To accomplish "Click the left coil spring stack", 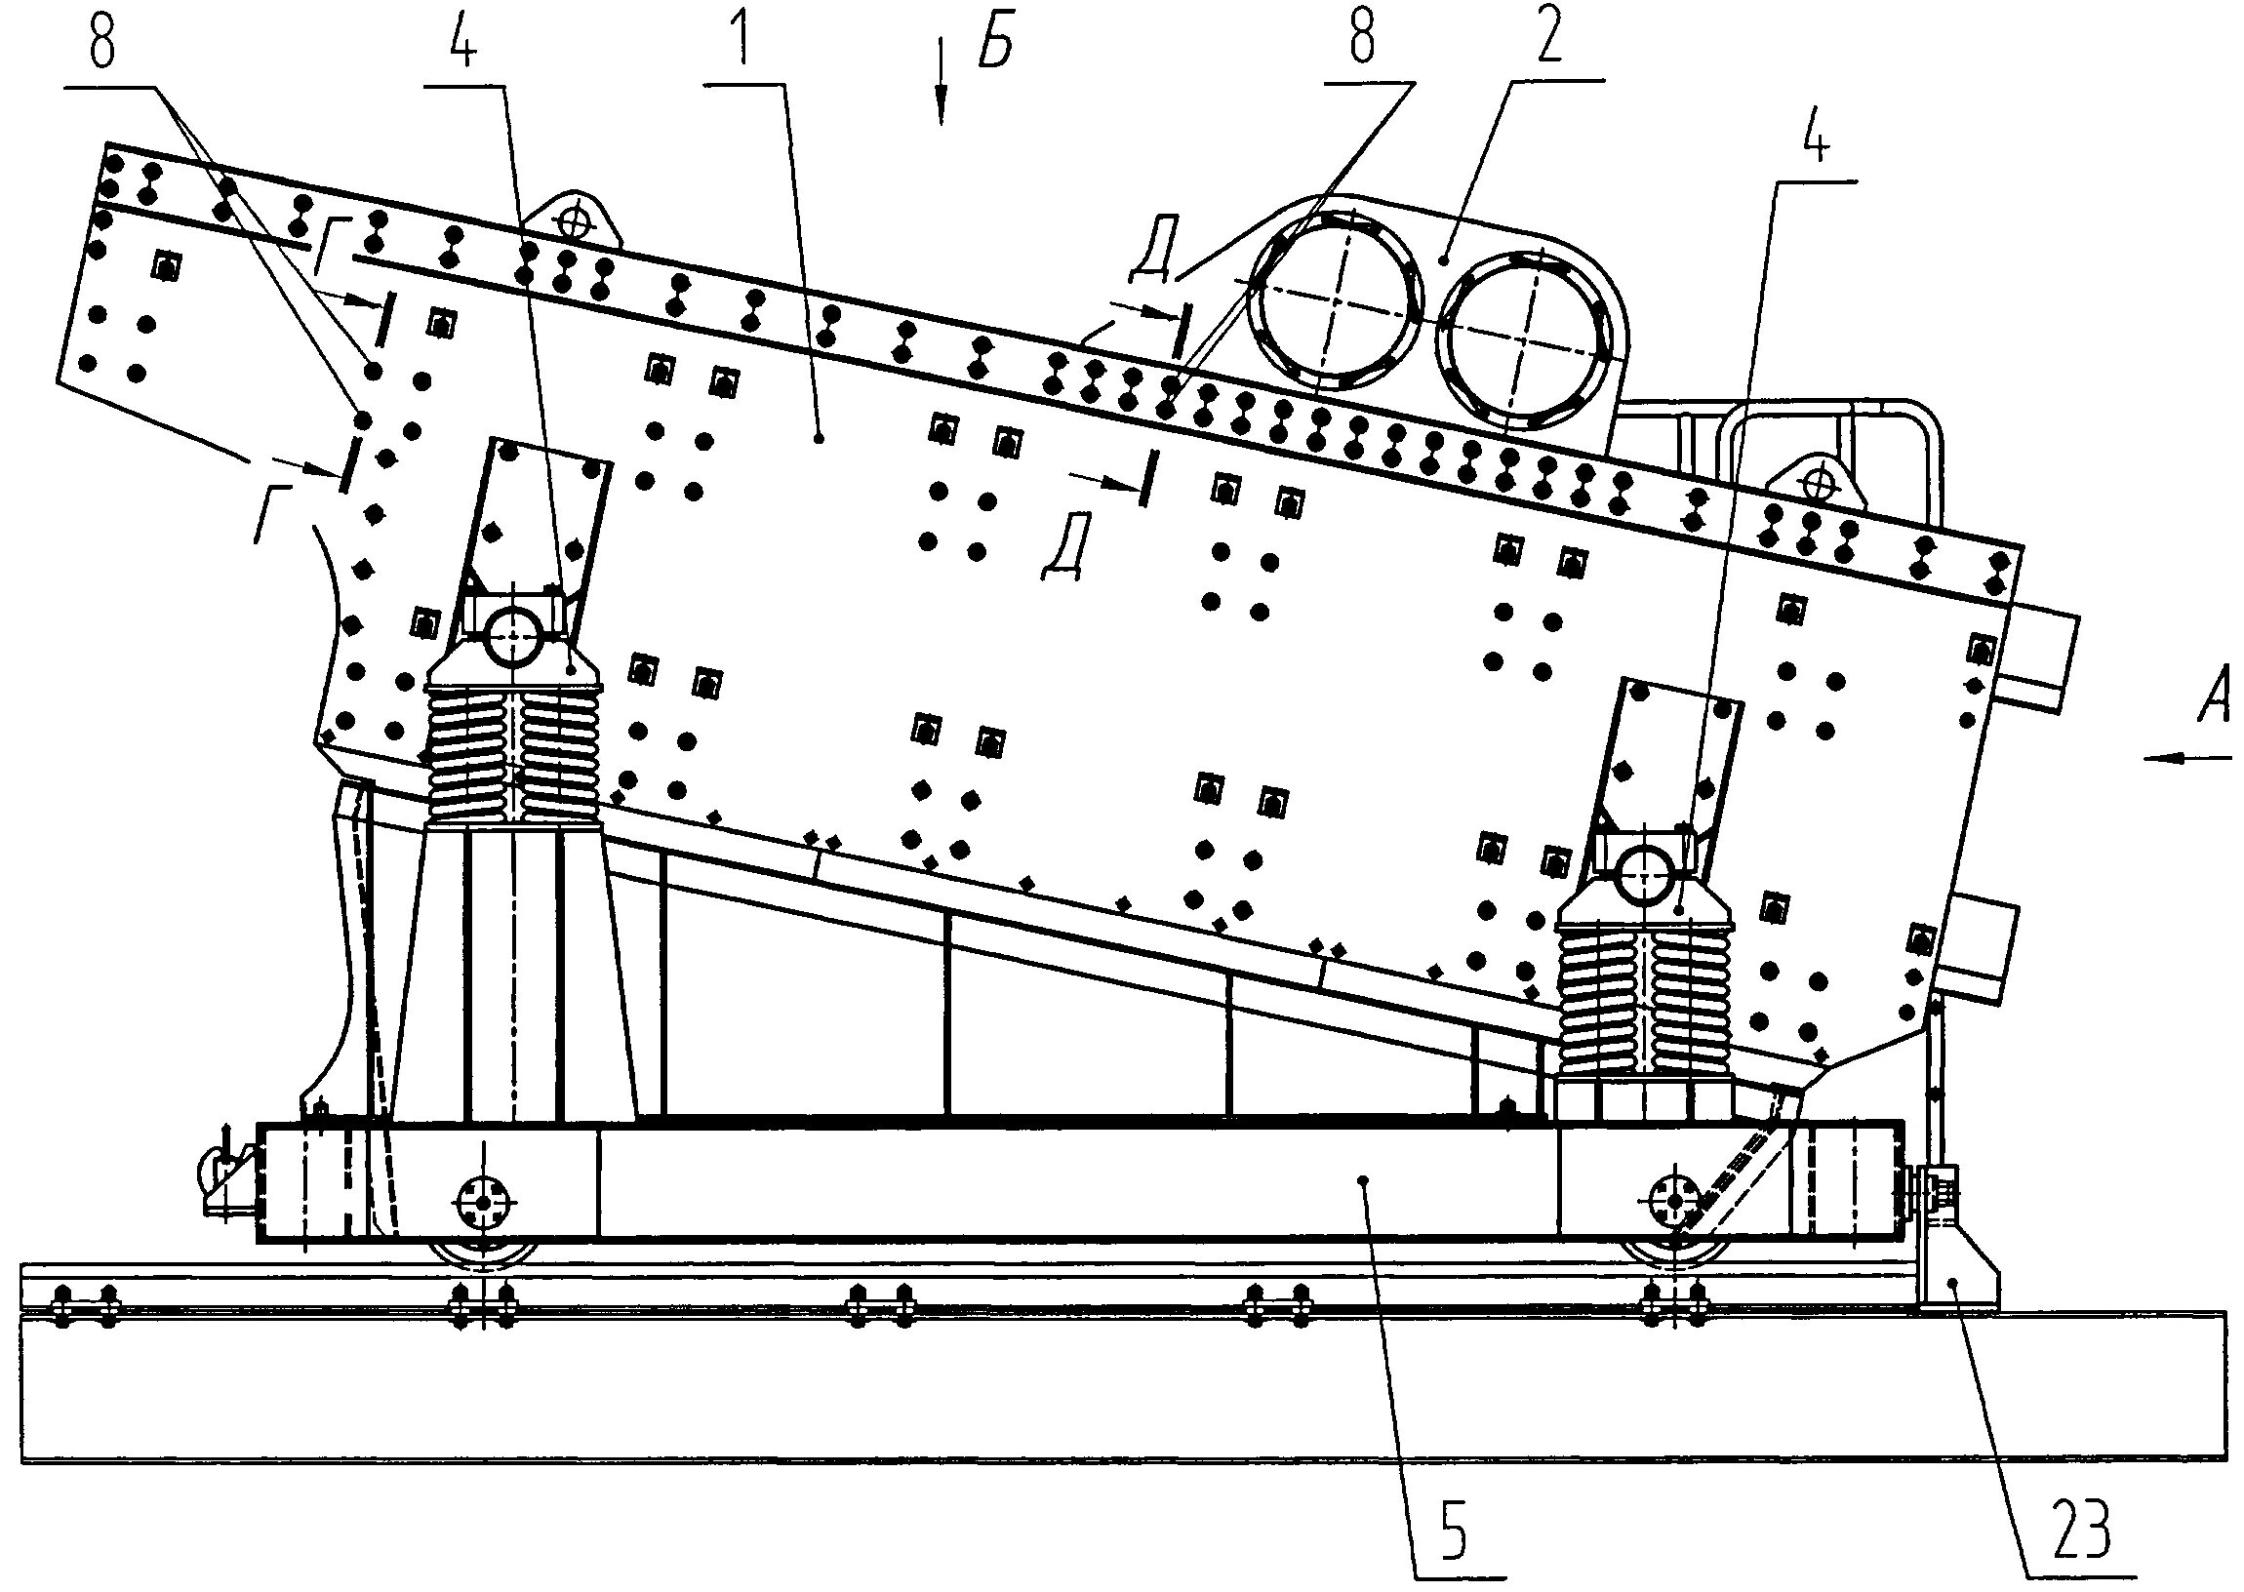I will pyautogui.click(x=513, y=755).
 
